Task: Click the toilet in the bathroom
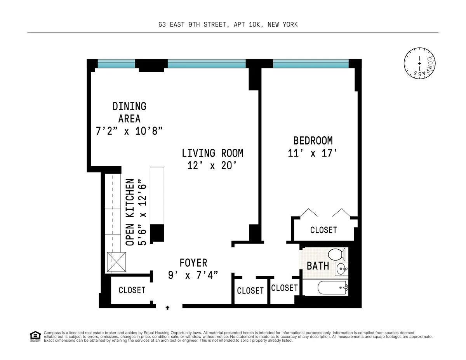coord(335,255)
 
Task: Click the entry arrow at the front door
coord(167,307)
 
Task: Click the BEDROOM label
coord(313,140)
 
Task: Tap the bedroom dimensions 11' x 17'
coord(311,153)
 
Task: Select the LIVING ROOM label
coord(212,153)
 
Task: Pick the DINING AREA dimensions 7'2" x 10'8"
coord(129,131)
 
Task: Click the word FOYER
coord(193,263)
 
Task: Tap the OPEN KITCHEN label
coord(130,212)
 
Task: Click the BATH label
coord(318,266)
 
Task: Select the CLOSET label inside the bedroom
coord(323,230)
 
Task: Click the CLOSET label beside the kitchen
coord(132,290)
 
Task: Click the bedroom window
coord(311,64)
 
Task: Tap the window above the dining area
coord(116,64)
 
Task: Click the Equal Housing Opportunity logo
coord(35,336)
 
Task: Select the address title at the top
coord(228,24)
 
